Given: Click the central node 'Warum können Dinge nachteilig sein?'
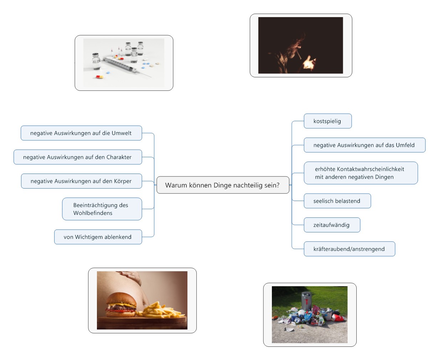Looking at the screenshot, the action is pyautogui.click(x=223, y=185).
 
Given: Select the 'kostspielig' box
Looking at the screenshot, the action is pyautogui.click(x=327, y=121).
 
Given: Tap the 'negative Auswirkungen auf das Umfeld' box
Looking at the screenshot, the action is pyautogui.click(x=365, y=145).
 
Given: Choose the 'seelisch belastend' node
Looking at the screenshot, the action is pyautogui.click(x=337, y=201).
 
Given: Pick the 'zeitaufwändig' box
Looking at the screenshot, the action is pyautogui.click(x=332, y=225).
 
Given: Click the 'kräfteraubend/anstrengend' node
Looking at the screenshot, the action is pyautogui.click(x=349, y=249).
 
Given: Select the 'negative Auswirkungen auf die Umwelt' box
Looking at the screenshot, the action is pyautogui.click(x=81, y=133).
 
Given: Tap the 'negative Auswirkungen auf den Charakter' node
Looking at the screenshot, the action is pyautogui.click(x=78, y=157).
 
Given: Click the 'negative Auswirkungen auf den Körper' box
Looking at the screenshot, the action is pyautogui.click(x=82, y=181).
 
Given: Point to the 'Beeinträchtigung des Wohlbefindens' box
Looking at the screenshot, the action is pyautogui.click(x=102, y=209).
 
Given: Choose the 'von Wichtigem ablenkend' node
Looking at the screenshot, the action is pyautogui.click(x=98, y=237).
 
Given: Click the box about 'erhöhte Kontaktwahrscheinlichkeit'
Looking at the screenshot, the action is pyautogui.click(x=361, y=173).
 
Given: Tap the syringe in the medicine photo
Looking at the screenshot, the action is pyautogui.click(x=127, y=67).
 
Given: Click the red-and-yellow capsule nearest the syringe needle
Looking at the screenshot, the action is pyautogui.click(x=99, y=77).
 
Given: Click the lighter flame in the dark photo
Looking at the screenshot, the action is pyautogui.click(x=308, y=62).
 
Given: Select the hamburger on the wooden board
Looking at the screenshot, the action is pyautogui.click(x=121, y=305).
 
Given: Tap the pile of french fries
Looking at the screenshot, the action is pyautogui.click(x=160, y=311).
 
